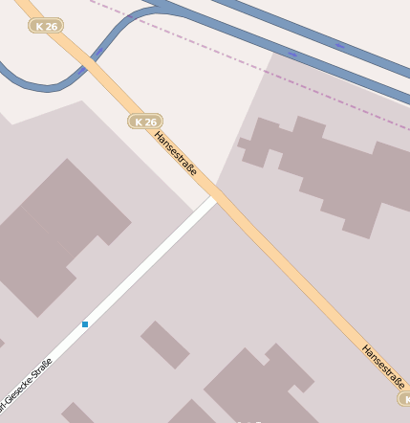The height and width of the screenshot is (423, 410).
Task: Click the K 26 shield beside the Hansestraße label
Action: pyautogui.click(x=144, y=122)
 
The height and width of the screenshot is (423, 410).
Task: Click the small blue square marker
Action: pyautogui.click(x=85, y=324)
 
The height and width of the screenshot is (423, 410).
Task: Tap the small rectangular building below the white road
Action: pyautogui.click(x=165, y=345)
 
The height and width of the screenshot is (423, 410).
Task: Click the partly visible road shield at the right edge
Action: pyautogui.click(x=405, y=398)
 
